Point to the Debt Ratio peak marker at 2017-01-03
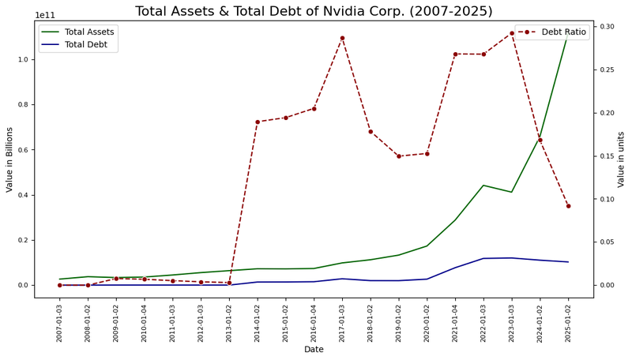tap(342, 38)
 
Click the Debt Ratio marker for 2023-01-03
tap(512, 33)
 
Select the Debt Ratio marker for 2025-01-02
tap(568, 206)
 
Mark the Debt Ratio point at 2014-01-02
tap(258, 122)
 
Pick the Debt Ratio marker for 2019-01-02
tap(399, 156)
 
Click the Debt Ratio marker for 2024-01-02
tap(540, 141)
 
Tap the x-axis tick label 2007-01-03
tap(60, 323)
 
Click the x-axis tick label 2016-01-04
tap(314, 323)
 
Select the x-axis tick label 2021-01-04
tap(456, 323)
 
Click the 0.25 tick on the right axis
tap(608, 70)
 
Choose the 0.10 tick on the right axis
tap(608, 199)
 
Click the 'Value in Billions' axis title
tap(9, 159)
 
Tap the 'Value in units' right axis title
tap(622, 159)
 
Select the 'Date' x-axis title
tap(314, 350)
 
